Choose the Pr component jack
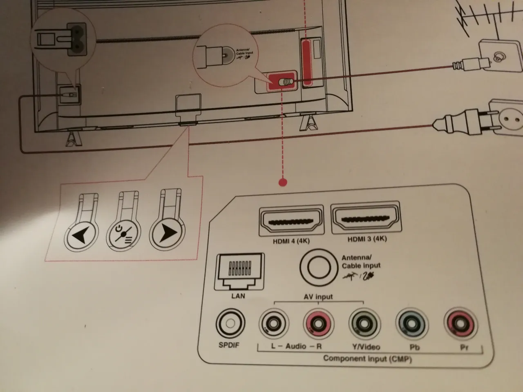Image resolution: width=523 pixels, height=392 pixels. (460, 325)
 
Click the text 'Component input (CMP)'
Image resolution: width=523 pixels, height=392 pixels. (367, 359)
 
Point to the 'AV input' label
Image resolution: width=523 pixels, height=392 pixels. (318, 297)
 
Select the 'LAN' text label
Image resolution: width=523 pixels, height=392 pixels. (238, 295)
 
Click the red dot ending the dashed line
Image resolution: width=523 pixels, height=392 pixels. (282, 182)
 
